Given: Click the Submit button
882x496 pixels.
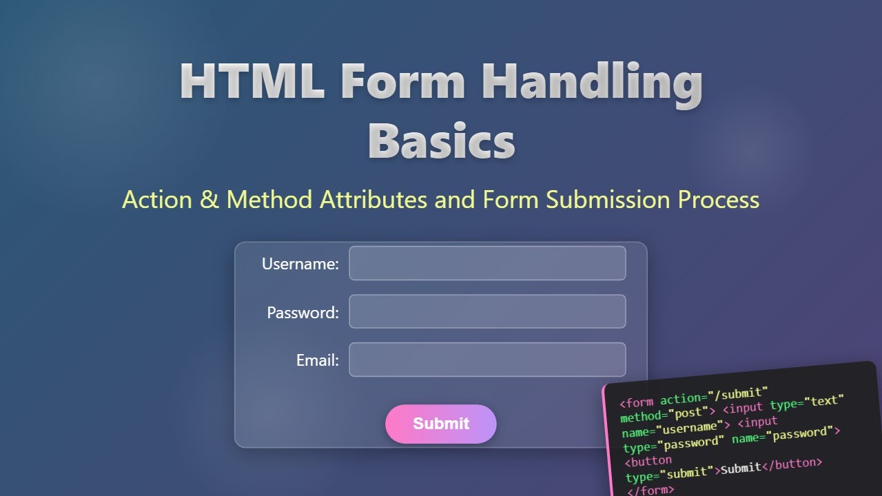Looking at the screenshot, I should (x=441, y=424).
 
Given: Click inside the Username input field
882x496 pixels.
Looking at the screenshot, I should (x=487, y=263).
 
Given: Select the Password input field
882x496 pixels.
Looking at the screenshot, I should (x=487, y=311).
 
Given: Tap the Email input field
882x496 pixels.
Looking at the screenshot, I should (x=487, y=360).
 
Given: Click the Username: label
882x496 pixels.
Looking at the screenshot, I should (x=300, y=264).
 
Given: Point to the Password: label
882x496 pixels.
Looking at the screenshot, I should (x=303, y=313).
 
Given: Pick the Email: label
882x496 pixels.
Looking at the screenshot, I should (x=318, y=360).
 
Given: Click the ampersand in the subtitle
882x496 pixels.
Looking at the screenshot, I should (x=209, y=200).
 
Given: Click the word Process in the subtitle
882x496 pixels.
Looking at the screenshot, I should (x=719, y=200).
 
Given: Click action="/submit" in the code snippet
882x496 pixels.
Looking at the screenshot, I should (x=714, y=396).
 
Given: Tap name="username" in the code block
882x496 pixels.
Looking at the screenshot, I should (x=673, y=429).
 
